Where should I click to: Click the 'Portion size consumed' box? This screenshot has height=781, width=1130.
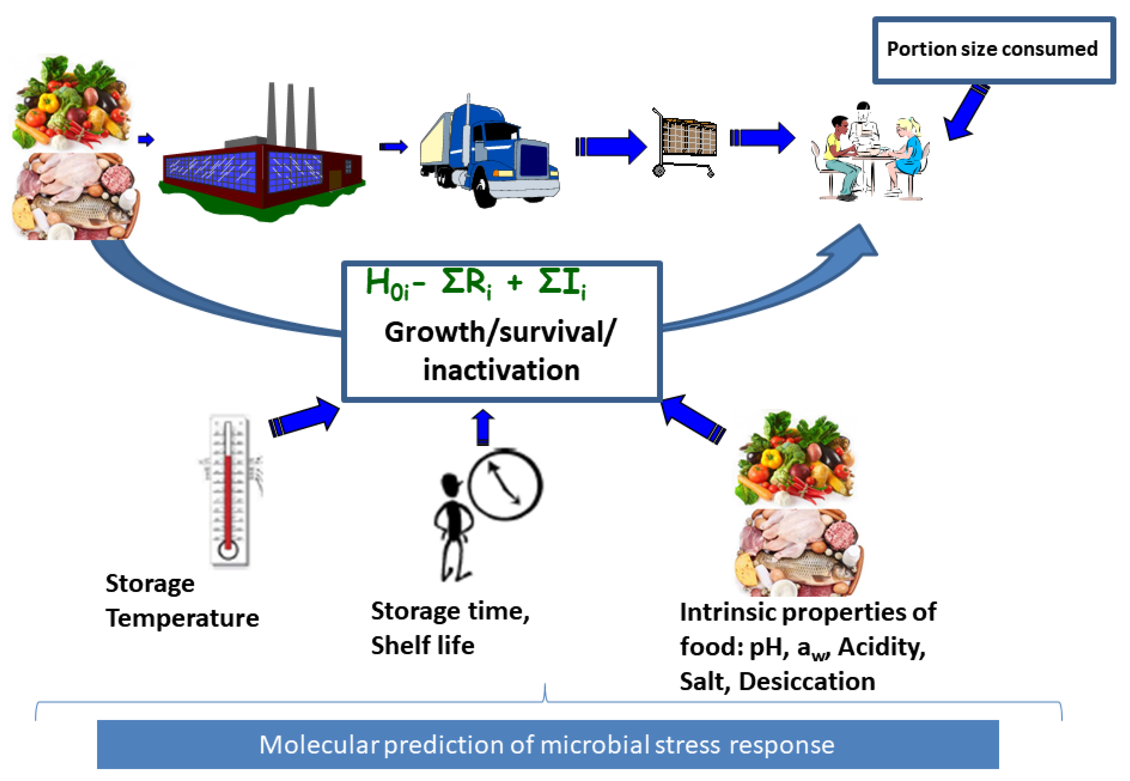point(993,50)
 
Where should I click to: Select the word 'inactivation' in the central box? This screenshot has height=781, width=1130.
point(501,371)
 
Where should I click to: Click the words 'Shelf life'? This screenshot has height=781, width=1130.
point(423,646)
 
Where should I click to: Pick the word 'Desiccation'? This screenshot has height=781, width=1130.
point(807,682)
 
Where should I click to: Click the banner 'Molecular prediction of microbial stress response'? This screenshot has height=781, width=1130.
point(547,745)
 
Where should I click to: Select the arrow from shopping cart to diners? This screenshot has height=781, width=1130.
point(762,138)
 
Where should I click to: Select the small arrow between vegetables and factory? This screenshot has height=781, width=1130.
point(146,140)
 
